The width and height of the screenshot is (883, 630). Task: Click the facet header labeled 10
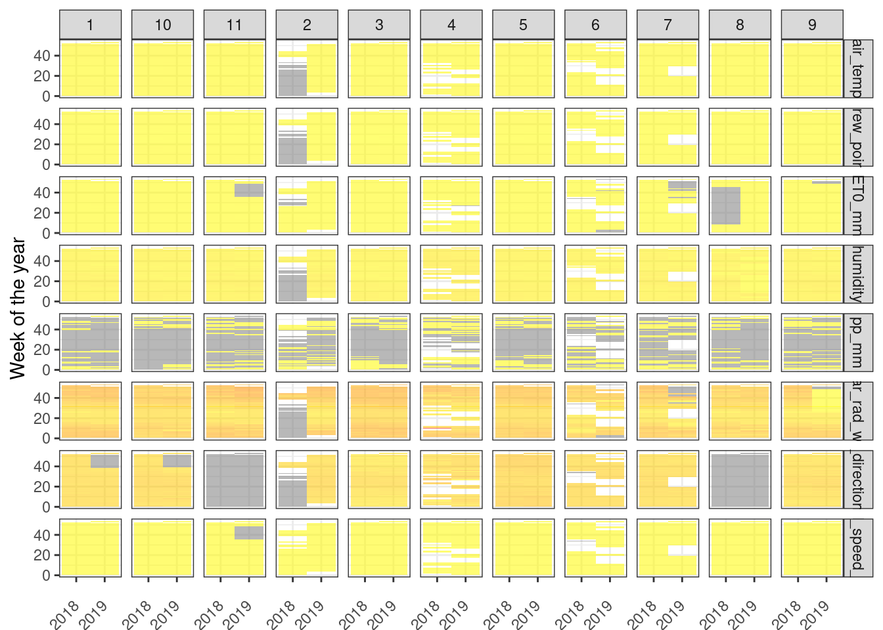pyautogui.click(x=162, y=25)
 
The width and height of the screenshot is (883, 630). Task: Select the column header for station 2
pyautogui.click(x=307, y=25)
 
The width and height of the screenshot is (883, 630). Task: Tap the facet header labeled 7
pyautogui.click(x=668, y=25)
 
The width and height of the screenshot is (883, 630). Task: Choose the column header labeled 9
pyautogui.click(x=812, y=25)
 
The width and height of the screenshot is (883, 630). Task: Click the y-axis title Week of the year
pyautogui.click(x=18, y=308)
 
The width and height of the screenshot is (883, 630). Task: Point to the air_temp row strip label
pyautogui.click(x=857, y=68)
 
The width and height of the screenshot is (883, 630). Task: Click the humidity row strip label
pyautogui.click(x=857, y=274)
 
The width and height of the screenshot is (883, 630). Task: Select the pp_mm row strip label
pyautogui.click(x=857, y=342)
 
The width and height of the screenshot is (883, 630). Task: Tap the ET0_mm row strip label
pyautogui.click(x=857, y=205)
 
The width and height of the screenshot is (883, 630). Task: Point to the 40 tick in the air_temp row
pyautogui.click(x=42, y=56)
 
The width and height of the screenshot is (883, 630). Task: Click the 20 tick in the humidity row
pyautogui.click(x=42, y=282)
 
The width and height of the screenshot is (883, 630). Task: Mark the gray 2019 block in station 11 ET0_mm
pyautogui.click(x=250, y=190)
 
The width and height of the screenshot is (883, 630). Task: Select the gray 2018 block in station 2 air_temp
pyautogui.click(x=293, y=82)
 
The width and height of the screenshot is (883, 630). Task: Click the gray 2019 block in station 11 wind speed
pyautogui.click(x=250, y=532)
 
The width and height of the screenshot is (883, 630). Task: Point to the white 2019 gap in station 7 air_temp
pyautogui.click(x=683, y=71)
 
